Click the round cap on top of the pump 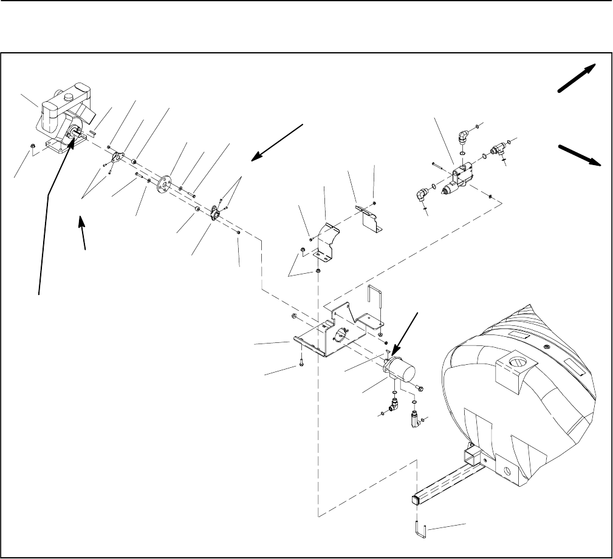point(68,97)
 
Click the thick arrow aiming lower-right point(581,154)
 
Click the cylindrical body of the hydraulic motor point(403,368)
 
